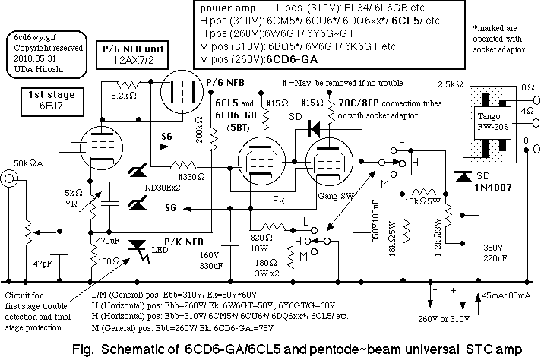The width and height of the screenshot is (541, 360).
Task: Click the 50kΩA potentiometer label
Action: coord(28,163)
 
